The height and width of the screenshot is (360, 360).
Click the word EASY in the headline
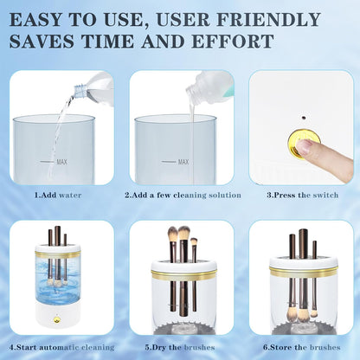42,18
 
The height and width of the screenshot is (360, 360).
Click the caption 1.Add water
58,196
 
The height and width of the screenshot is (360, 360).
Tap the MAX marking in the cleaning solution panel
183,161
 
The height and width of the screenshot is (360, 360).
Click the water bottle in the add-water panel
94,87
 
